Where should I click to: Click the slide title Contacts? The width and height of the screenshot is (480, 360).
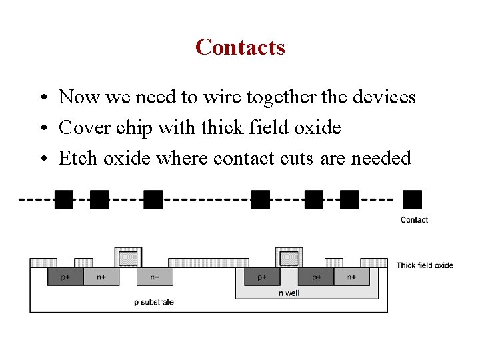coord(240,47)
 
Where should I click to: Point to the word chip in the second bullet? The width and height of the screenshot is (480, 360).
coord(134,127)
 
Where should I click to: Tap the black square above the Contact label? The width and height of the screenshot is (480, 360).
coord(413,199)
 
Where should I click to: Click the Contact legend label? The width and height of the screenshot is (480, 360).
coord(414,220)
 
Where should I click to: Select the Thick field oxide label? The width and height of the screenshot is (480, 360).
coord(425,265)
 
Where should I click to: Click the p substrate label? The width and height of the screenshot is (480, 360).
coord(154,302)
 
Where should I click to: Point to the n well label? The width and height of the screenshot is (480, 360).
coord(288,293)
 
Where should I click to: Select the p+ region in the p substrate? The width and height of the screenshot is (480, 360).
coord(65,277)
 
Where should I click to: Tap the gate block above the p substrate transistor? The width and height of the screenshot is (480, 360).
coord(129,257)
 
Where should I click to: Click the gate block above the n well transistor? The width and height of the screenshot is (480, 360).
coord(289,257)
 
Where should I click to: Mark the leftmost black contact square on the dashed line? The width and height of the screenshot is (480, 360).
coord(64,199)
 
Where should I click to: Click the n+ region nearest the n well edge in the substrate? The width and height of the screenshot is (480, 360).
coord(155,277)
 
